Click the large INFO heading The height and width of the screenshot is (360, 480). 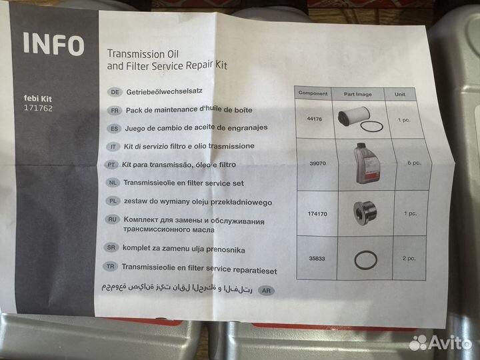click(x=53, y=45)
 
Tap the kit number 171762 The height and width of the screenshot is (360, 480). click(x=38, y=108)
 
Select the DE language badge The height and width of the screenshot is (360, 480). click(x=115, y=92)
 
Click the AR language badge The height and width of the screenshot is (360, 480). click(x=266, y=290)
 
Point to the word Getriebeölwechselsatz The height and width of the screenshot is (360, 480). click(x=165, y=91)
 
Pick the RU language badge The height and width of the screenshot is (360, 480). click(x=112, y=219)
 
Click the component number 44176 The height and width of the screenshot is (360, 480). click(x=315, y=119)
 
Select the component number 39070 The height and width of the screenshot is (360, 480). click(x=317, y=163)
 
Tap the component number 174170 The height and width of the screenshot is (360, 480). click(x=317, y=214)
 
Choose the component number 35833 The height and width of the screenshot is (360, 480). click(x=317, y=259)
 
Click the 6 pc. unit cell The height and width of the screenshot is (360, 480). click(x=414, y=163)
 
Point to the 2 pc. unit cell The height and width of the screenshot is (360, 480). click(x=409, y=259)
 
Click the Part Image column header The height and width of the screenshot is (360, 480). click(x=357, y=94)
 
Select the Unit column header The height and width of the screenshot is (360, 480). click(x=400, y=94)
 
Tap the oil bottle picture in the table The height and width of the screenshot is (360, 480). click(x=367, y=163)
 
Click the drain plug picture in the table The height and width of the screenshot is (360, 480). click(x=364, y=213)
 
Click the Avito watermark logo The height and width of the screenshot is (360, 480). click(x=440, y=343)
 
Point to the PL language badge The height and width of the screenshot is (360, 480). click(x=113, y=201)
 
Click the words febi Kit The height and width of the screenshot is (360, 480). click(x=37, y=99)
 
